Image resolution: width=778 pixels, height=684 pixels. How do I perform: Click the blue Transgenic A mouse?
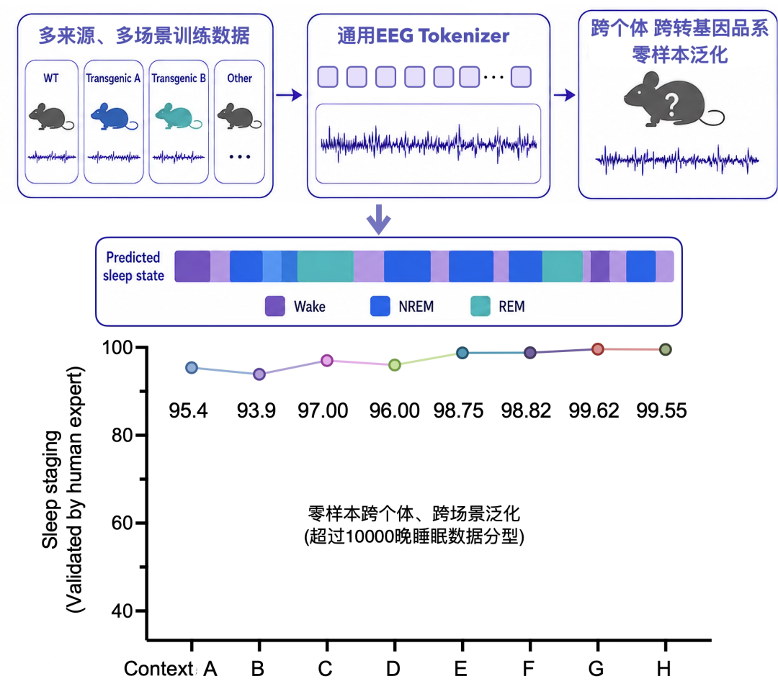coord(113,117)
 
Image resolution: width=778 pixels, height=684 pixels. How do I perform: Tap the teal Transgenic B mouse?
coord(178,117)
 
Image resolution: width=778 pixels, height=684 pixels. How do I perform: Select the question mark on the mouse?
coord(671,105)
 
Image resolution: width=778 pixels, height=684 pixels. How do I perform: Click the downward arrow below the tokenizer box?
coord(379,219)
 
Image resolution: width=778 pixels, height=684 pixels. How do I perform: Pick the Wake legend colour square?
coord(275,306)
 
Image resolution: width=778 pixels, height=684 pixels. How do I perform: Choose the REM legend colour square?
coord(480,306)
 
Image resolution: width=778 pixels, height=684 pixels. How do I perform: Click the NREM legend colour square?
coord(380,306)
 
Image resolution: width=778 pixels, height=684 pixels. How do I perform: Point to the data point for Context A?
coord(192,368)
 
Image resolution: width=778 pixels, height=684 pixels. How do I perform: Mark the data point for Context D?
coord(395,365)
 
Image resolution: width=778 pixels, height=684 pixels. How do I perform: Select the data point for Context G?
coord(598,349)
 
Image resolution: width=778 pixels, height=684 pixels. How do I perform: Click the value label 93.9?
coord(256,410)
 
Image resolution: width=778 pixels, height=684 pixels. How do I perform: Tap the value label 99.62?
coord(594,410)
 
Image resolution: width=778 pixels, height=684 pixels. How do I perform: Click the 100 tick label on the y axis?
coord(117,348)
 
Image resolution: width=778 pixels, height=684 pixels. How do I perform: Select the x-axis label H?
coord(664,669)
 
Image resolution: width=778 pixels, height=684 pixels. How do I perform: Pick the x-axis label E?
coord(460,669)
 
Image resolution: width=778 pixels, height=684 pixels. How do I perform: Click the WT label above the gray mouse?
coord(51,78)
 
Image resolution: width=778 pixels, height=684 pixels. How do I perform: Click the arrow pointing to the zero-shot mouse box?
coord(564,95)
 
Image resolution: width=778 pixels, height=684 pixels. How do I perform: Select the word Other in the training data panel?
coord(240,78)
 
